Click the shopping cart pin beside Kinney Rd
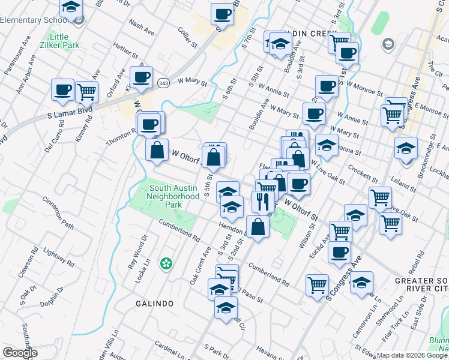(87, 92)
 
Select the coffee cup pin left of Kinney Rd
(62, 90)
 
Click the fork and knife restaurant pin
(262, 202)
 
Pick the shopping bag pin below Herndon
(258, 227)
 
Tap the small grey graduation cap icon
(388, 44)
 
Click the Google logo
(20, 353)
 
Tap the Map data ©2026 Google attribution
(412, 355)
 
